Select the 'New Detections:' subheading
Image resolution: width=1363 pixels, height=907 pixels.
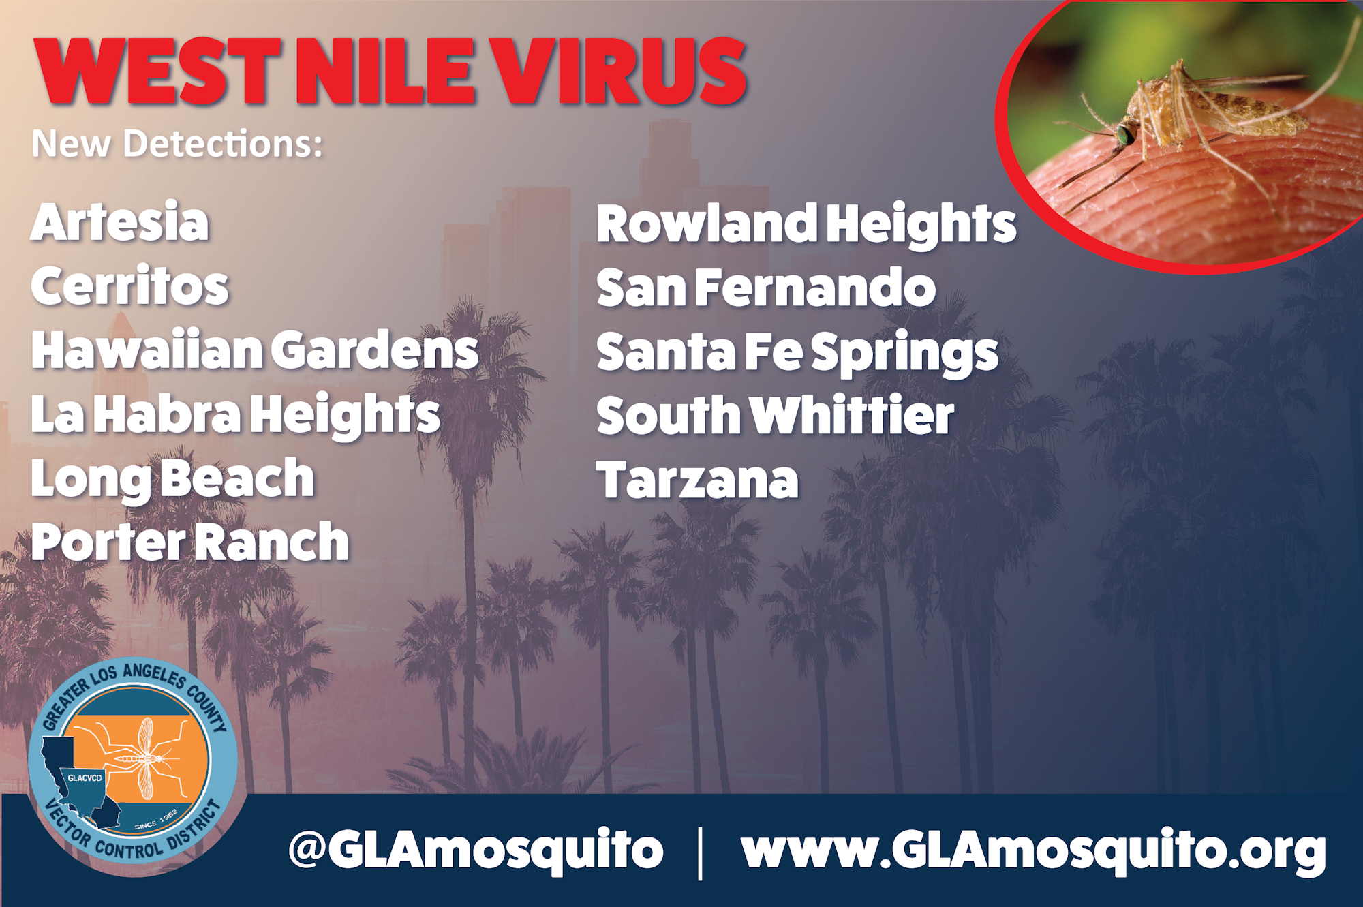point(177,144)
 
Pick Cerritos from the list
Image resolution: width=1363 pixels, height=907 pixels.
point(129,286)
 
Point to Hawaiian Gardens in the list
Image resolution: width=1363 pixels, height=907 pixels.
point(255,350)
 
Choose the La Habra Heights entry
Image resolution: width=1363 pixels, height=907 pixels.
point(236,416)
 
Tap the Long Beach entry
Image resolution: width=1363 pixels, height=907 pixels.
point(173,480)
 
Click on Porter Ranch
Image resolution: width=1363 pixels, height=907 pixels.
point(190,542)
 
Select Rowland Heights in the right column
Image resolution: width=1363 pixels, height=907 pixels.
point(806,224)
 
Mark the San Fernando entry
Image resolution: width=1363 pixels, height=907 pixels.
point(766,288)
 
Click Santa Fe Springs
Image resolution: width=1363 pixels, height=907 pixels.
point(797,353)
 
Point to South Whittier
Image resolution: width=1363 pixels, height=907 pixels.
point(775,415)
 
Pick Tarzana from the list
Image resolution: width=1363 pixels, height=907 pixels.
point(697,480)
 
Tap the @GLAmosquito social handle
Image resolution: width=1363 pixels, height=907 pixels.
point(476,850)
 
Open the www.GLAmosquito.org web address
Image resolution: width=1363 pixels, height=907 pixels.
point(1034,850)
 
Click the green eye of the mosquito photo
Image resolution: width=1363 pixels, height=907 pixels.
point(1123,135)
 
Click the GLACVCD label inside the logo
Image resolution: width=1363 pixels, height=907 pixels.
point(85,778)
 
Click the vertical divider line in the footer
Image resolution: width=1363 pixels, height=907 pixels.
point(701,852)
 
